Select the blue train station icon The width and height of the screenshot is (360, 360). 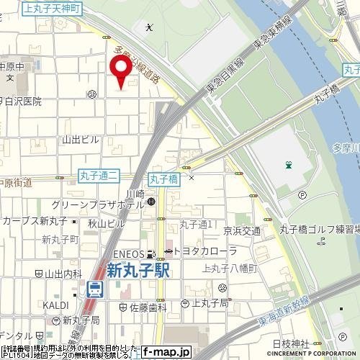point(94,289)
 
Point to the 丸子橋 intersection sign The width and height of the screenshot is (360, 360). point(163,176)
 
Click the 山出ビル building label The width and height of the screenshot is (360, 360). point(81,139)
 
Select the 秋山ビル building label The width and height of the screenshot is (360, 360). point(102,223)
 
